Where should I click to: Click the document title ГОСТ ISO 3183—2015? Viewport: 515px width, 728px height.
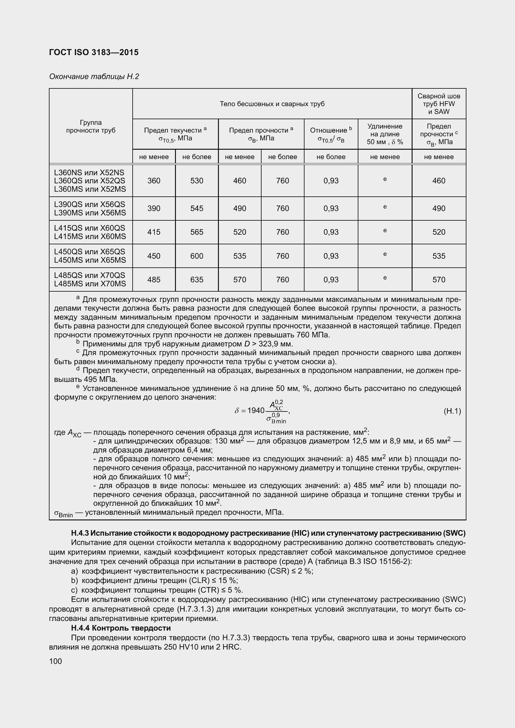click(x=94, y=52)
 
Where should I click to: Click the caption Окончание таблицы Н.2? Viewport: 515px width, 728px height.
click(x=94, y=77)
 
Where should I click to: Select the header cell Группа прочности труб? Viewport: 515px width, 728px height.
click(x=91, y=126)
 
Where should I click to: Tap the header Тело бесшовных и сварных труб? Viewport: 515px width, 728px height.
click(x=272, y=104)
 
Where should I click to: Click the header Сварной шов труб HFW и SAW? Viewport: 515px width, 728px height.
click(x=439, y=104)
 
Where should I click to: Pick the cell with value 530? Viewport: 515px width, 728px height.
click(x=196, y=181)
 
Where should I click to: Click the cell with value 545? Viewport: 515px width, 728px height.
click(x=196, y=208)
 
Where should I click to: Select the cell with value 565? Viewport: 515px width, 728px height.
click(x=196, y=232)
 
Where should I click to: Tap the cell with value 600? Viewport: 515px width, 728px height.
click(x=196, y=256)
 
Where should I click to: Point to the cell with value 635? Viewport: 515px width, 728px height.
click(x=196, y=280)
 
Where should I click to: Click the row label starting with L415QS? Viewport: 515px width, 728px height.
click(x=90, y=232)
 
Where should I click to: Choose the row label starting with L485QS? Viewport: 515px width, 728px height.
click(x=90, y=280)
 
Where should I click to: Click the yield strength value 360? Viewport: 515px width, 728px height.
click(x=154, y=181)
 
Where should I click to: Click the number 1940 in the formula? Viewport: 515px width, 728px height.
click(x=256, y=411)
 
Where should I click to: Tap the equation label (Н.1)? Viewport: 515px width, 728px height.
click(x=452, y=411)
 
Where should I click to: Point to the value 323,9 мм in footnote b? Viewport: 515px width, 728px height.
click(x=275, y=344)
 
